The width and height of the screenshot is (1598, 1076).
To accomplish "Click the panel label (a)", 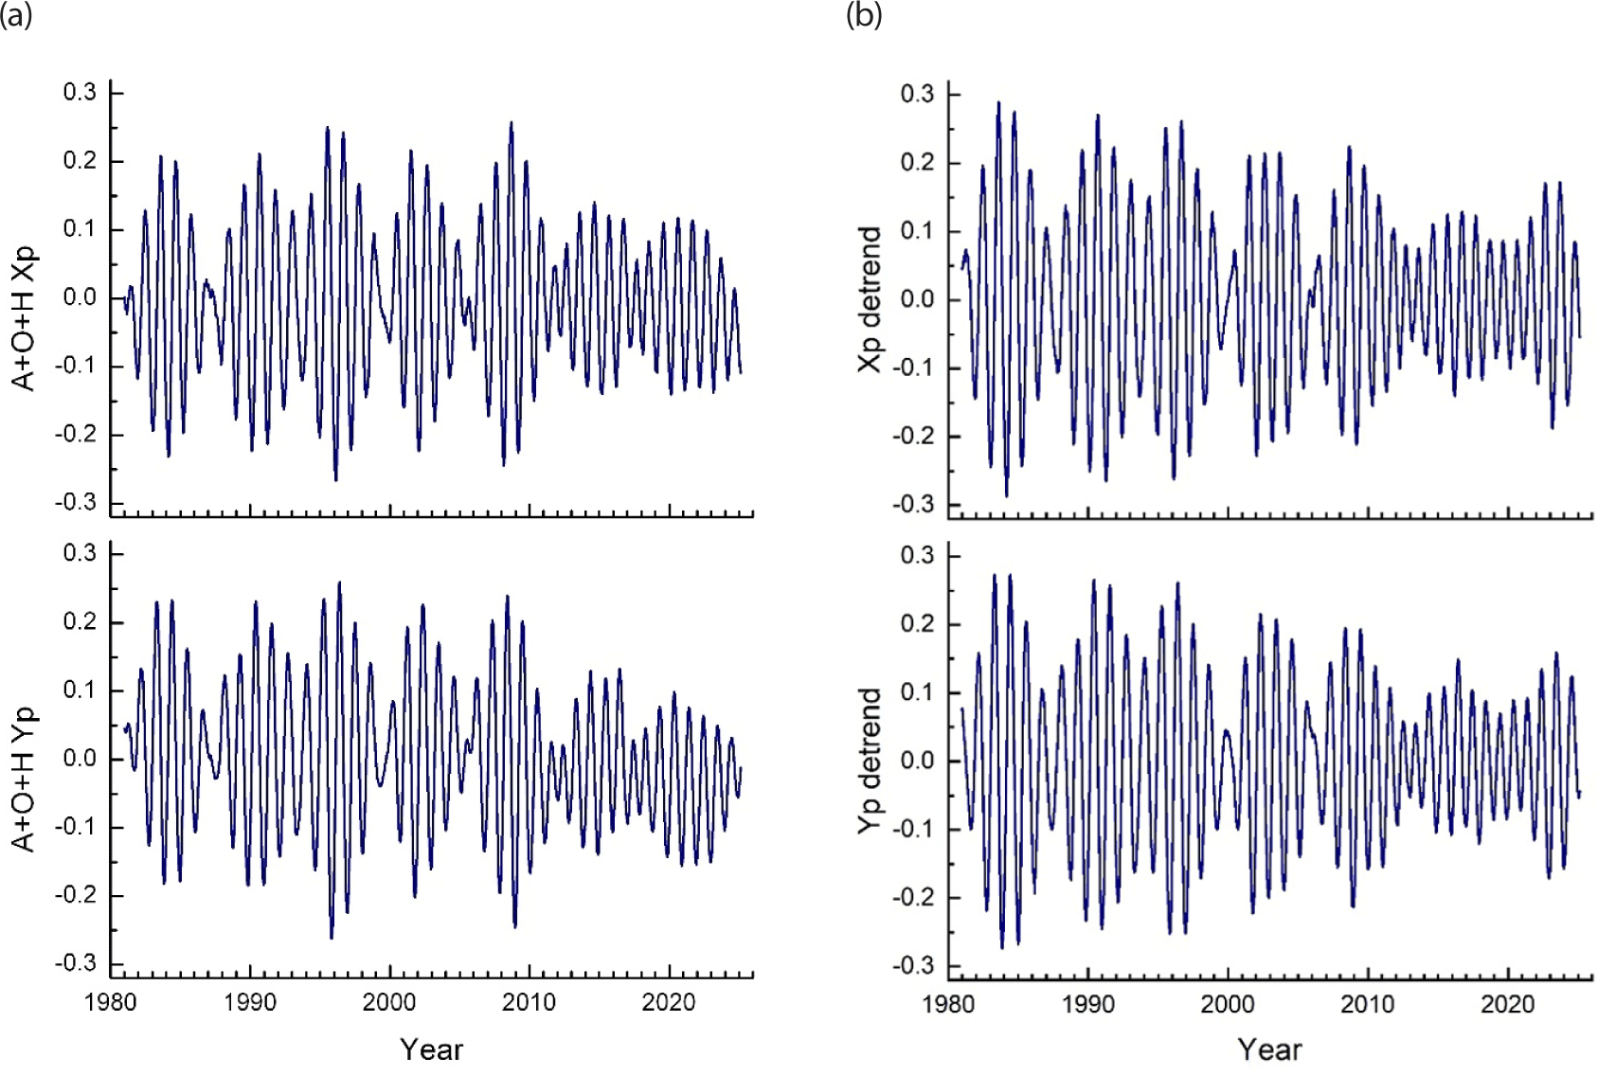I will click(x=16, y=15).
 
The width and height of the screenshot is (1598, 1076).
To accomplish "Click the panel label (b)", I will click(x=863, y=15).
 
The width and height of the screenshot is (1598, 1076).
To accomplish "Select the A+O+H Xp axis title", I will click(x=25, y=319).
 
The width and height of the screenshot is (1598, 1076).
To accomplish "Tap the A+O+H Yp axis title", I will click(x=25, y=780).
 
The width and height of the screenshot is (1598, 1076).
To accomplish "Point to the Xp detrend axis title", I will click(x=870, y=299).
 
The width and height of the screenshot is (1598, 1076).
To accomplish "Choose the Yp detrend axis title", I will click(x=870, y=762).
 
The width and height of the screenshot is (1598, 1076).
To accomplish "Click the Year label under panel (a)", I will click(x=431, y=1049).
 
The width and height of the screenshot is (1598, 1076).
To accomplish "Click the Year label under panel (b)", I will click(x=1269, y=1049).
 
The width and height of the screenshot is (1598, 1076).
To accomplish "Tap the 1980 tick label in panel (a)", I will click(x=111, y=1002).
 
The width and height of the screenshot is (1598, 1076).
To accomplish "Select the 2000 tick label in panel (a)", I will click(x=389, y=1002).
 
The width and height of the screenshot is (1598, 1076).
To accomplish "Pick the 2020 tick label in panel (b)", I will click(x=1507, y=1004).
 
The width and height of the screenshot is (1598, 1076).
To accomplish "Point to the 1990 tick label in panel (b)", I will click(x=1088, y=1004).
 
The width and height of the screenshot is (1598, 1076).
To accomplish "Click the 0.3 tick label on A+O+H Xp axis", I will click(x=80, y=92).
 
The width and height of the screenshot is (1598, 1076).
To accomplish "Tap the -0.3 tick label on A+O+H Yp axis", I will click(x=76, y=963).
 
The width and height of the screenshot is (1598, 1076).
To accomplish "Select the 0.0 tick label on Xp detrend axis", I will click(x=917, y=299).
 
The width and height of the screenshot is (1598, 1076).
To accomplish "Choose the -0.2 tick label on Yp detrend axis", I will click(x=913, y=897).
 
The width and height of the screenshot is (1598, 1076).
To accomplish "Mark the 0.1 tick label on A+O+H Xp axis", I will click(x=80, y=229).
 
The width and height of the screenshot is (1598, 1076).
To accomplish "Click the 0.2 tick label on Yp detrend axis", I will click(x=917, y=624).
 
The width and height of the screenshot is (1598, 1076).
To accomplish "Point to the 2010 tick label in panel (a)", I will click(x=529, y=1002).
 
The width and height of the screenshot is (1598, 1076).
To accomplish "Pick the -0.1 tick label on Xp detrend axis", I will click(x=913, y=368).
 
